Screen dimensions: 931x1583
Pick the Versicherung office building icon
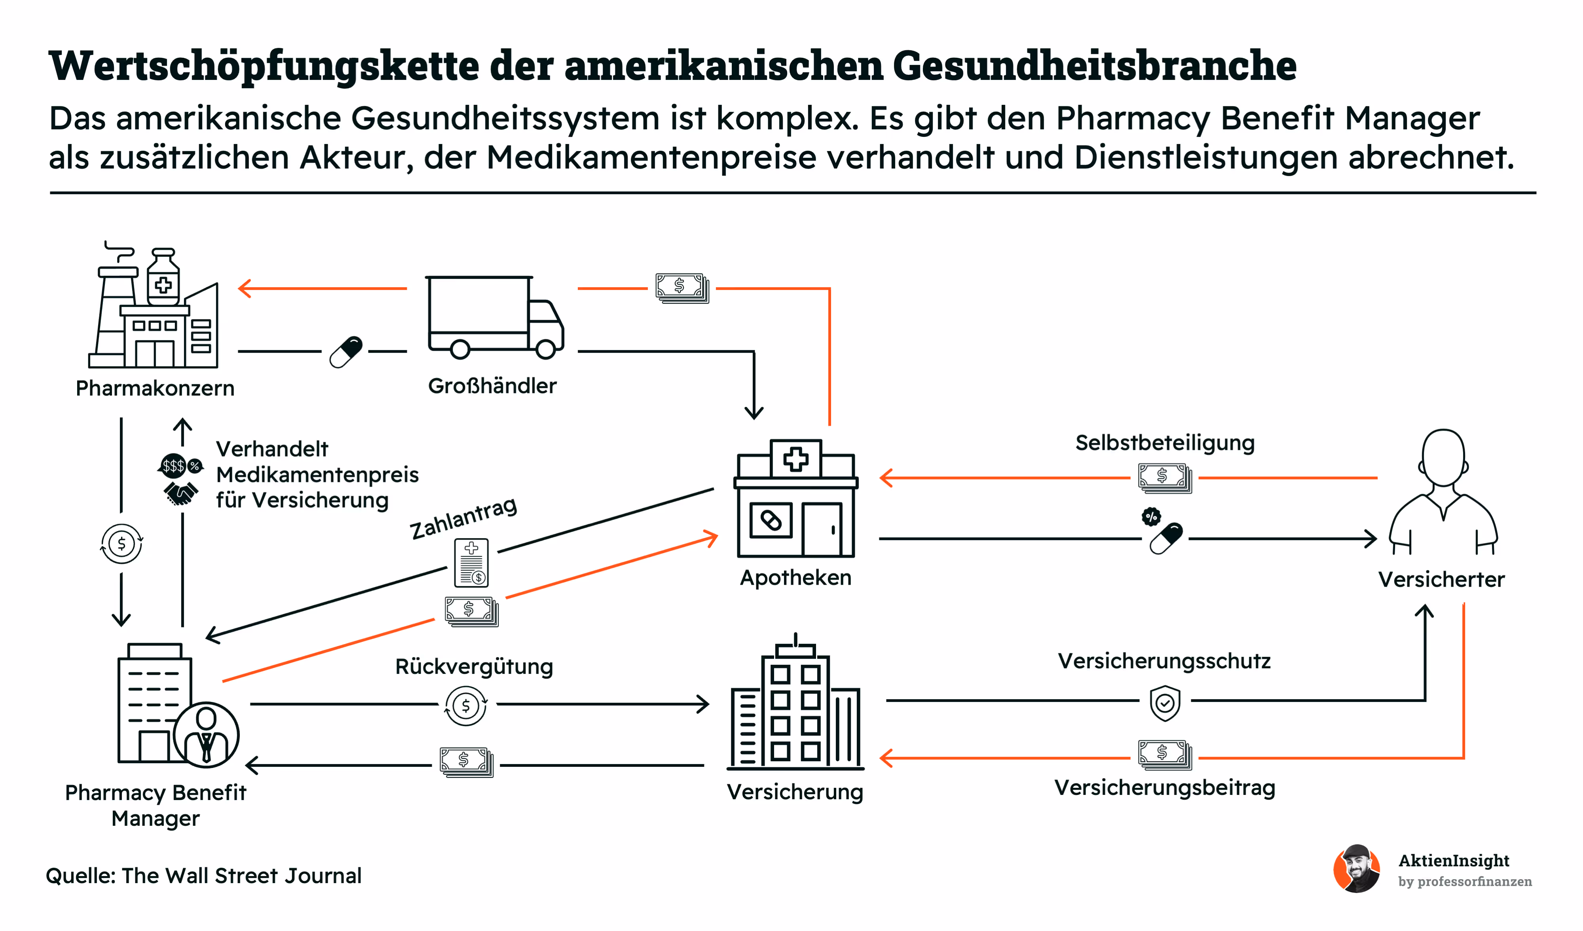point(795,703)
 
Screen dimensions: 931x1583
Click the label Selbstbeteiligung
point(1165,443)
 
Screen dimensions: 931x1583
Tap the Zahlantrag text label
point(463,518)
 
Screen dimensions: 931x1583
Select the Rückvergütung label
point(474,667)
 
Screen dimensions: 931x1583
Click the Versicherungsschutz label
point(1164,661)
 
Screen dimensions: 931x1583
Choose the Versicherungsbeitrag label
point(1165,788)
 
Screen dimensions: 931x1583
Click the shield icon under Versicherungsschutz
point(1165,703)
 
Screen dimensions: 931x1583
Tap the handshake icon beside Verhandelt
point(180,493)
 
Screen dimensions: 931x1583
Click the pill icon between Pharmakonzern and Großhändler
point(346,352)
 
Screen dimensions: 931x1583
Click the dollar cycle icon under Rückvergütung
point(465,705)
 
